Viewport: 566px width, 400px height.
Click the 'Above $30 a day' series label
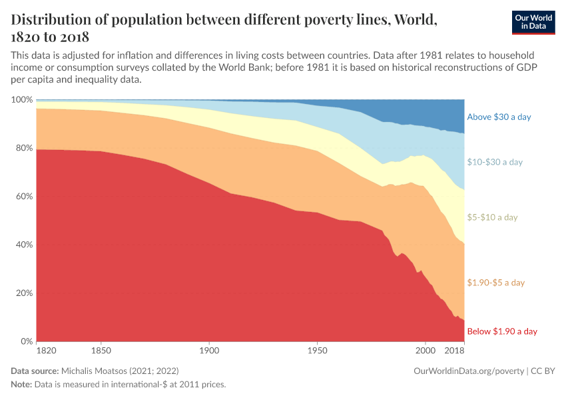pyautogui.click(x=499, y=117)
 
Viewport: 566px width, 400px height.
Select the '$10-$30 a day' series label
pyautogui.click(x=495, y=162)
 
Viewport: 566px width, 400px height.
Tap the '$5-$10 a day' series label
pyautogui.click(x=492, y=217)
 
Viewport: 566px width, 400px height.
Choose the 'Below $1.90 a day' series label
pyautogui.click(x=502, y=331)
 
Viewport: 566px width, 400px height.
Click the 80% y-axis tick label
pyautogui.click(x=24, y=148)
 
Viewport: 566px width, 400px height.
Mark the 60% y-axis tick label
pyautogui.click(x=24, y=197)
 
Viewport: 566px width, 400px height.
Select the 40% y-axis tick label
pyautogui.click(x=24, y=245)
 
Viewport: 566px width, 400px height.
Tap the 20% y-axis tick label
pyautogui.click(x=24, y=293)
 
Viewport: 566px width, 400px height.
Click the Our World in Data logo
pyautogui.click(x=533, y=22)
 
